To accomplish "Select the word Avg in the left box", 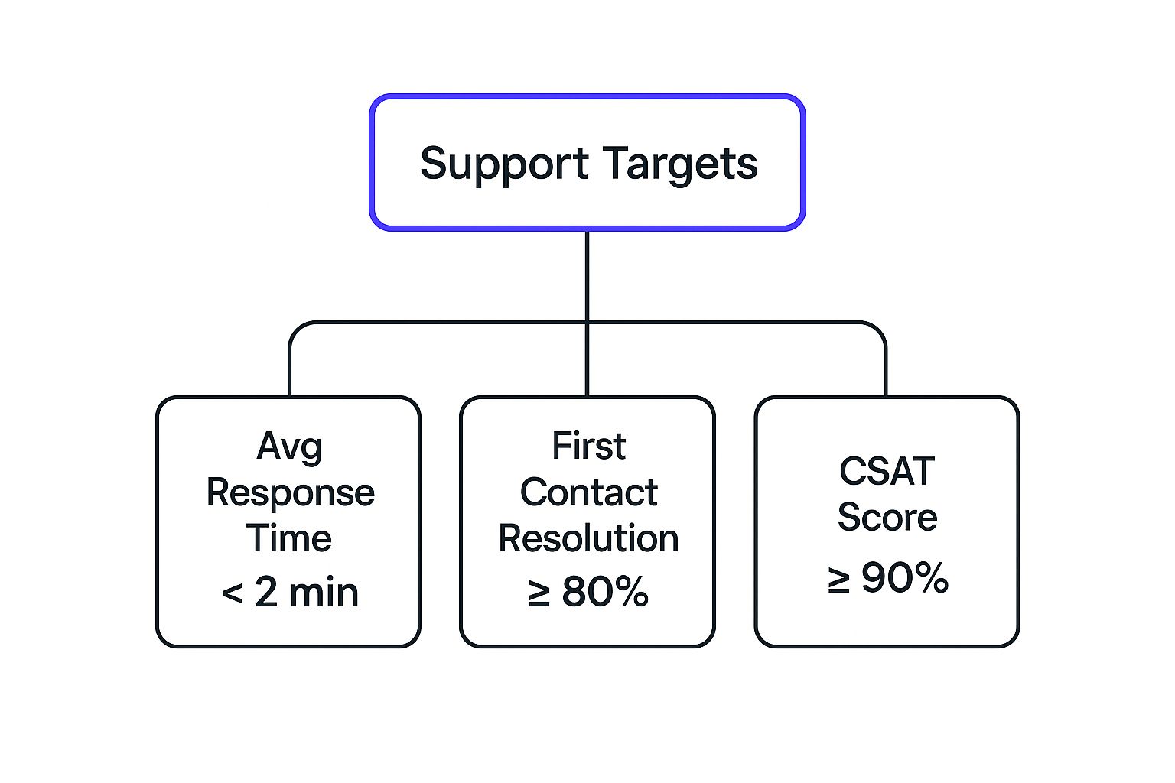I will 289,447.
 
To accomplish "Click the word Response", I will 290,493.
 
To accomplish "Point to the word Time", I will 289,538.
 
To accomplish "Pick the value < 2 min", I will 290,593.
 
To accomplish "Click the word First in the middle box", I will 588,446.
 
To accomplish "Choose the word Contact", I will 588,492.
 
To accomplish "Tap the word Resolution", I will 588,538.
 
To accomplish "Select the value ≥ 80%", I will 588,593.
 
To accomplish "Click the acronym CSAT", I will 887,471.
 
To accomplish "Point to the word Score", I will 887,518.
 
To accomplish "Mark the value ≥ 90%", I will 887,578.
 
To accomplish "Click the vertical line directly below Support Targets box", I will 587,275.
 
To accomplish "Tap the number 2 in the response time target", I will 265,593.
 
